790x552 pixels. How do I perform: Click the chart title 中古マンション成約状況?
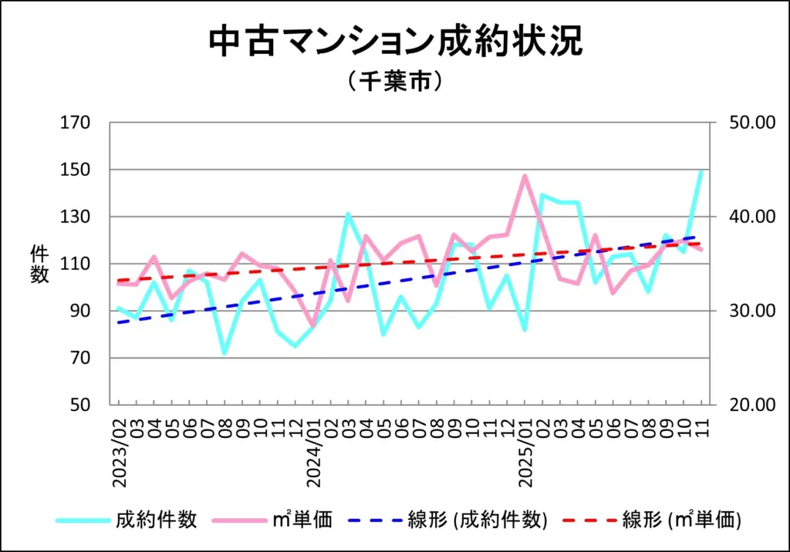(x=394, y=42)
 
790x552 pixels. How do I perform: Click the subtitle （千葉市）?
(x=394, y=81)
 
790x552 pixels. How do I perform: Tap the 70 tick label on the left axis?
(x=79, y=358)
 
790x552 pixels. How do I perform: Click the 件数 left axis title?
(x=39, y=264)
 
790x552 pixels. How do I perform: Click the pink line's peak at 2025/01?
(x=525, y=176)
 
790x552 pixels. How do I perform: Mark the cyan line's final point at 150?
(x=702, y=170)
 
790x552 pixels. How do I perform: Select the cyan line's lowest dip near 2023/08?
(x=225, y=353)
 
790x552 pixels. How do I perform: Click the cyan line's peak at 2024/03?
(x=348, y=214)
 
